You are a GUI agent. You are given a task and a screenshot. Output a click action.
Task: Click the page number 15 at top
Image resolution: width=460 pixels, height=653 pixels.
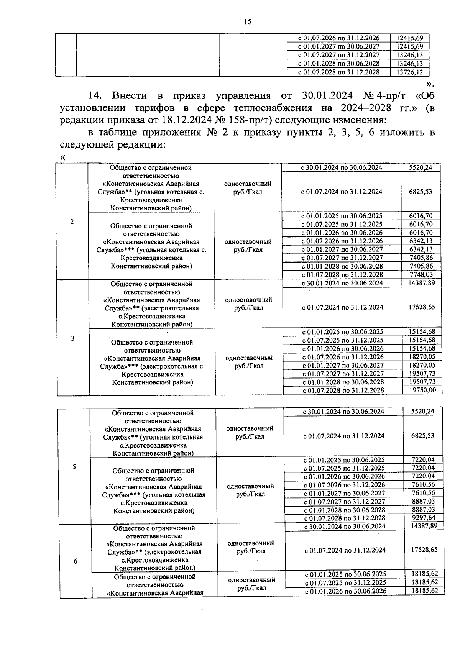pyautogui.click(x=247, y=22)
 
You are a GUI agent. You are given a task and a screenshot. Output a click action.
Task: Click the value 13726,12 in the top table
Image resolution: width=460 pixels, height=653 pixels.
pyautogui.click(x=409, y=72)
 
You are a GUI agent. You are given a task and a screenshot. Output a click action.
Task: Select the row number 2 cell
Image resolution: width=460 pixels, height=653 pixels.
pyautogui.click(x=72, y=221)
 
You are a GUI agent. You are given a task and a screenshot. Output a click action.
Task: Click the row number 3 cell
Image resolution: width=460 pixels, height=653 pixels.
pyautogui.click(x=72, y=338)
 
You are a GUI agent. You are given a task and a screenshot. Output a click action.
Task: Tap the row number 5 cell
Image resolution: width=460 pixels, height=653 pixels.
pyautogui.click(x=74, y=467)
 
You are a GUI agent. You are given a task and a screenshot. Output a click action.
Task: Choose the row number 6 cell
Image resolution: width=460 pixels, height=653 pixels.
pyautogui.click(x=75, y=561)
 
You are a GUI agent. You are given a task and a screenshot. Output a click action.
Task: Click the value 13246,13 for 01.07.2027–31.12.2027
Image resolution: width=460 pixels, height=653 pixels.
pyautogui.click(x=409, y=55)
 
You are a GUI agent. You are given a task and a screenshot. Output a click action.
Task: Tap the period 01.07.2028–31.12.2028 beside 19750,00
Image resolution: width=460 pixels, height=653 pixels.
pyautogui.click(x=343, y=390)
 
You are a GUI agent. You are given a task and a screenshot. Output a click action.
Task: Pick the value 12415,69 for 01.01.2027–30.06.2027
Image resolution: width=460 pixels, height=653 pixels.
pyautogui.click(x=409, y=46)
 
